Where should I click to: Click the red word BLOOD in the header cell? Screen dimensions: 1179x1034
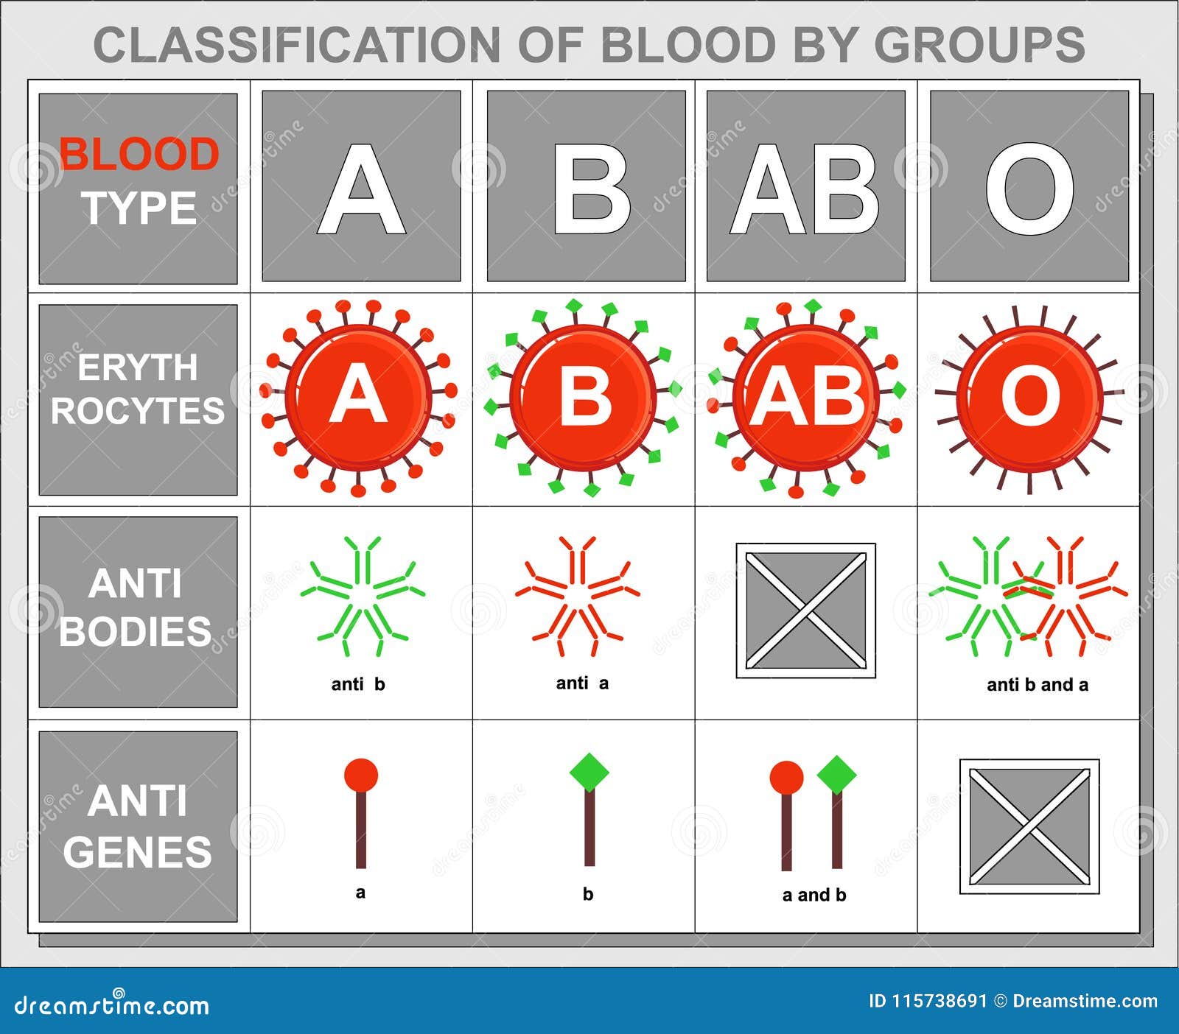pyautogui.click(x=139, y=155)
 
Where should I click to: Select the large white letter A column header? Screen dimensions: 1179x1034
pyautogui.click(x=361, y=189)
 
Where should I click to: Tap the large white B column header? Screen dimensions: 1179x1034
pyautogui.click(x=592, y=189)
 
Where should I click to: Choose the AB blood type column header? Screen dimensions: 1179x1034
pyautogui.click(x=805, y=189)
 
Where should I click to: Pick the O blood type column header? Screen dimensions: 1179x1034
pyautogui.click(x=1029, y=189)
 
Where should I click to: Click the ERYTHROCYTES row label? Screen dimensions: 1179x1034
pyautogui.click(x=138, y=389)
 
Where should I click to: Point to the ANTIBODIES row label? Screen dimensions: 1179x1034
pyautogui.click(x=136, y=608)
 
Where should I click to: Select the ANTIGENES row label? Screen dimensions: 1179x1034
pyautogui.click(x=138, y=826)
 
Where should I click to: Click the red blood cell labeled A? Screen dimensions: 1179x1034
pyautogui.click(x=359, y=398)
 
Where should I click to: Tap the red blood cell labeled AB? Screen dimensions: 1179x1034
pyautogui.click(x=807, y=398)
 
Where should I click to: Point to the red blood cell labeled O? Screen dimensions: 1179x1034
pyautogui.click(x=1029, y=398)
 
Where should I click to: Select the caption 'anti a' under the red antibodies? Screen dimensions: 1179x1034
pyautogui.click(x=582, y=683)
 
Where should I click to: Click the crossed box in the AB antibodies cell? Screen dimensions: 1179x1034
pyautogui.click(x=806, y=611)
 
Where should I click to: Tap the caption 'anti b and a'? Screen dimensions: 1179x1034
pyautogui.click(x=1038, y=685)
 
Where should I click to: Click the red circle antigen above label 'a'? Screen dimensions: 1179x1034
pyautogui.click(x=361, y=776)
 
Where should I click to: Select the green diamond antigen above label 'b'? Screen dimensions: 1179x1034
pyautogui.click(x=589, y=773)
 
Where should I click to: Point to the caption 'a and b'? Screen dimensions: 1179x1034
pyautogui.click(x=814, y=895)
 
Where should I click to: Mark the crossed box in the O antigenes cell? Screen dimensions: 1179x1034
pyautogui.click(x=1029, y=826)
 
